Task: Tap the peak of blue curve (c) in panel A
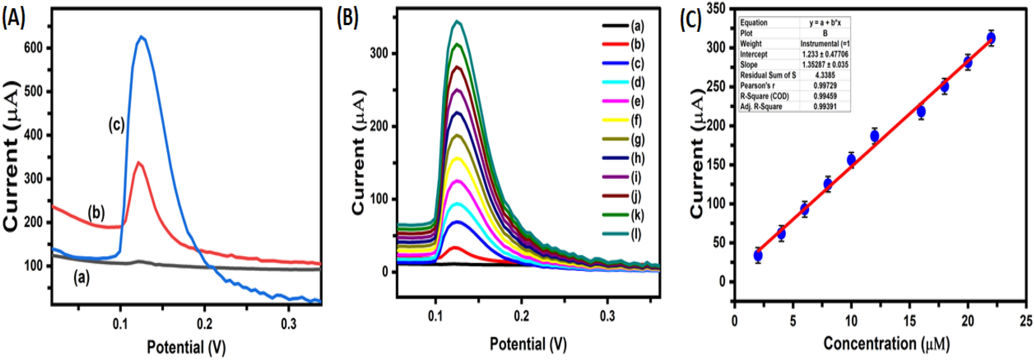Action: coord(141,36)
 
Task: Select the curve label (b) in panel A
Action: coord(96,213)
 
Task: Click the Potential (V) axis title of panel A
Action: coord(186,347)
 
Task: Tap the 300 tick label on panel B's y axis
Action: coord(379,53)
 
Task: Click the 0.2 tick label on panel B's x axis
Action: coord(522,316)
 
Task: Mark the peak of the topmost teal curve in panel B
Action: coord(458,21)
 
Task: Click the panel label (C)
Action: coord(692,19)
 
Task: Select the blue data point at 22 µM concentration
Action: coord(991,38)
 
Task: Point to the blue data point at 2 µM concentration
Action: coord(758,255)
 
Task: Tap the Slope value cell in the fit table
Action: coord(825,65)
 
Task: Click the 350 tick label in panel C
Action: coord(717,9)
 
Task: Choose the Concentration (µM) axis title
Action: coord(887,344)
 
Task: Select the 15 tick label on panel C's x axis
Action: coord(909,321)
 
